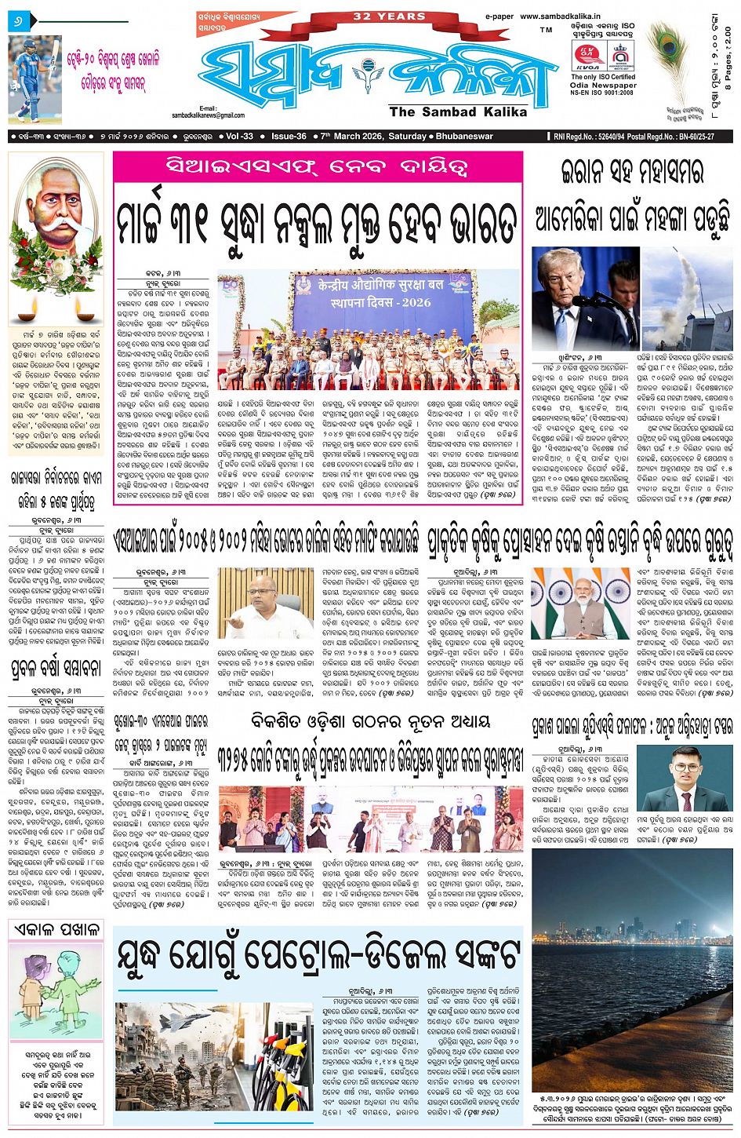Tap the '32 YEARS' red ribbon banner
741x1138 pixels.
389,16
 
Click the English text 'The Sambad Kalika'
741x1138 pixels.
458,112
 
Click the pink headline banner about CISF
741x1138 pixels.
317,166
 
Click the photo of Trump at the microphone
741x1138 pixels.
585,298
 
